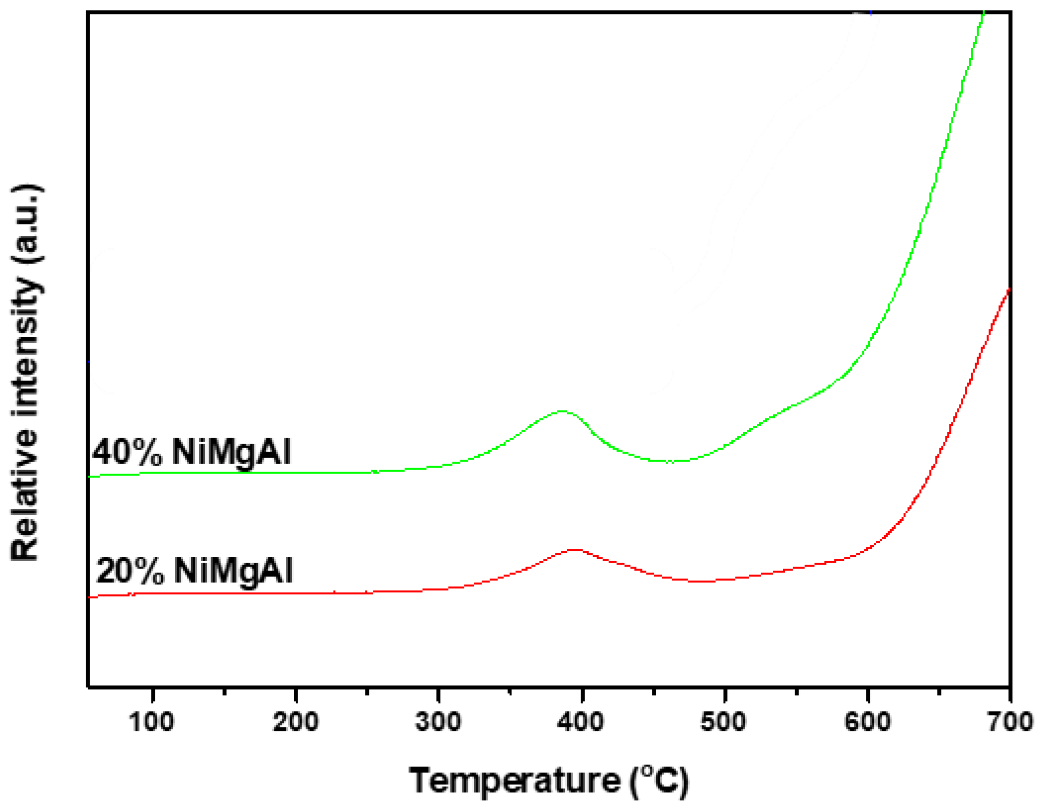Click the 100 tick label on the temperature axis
coord(151,722)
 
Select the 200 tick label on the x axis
coord(295,722)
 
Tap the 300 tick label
coord(438,722)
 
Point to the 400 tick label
coord(581,722)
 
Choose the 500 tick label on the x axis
coord(723,722)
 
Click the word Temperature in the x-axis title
coord(514,781)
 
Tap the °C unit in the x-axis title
coord(660,781)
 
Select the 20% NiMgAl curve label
coord(194,571)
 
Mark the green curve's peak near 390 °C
coord(562,411)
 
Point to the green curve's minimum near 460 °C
coord(670,461)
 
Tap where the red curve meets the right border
coord(1009,290)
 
